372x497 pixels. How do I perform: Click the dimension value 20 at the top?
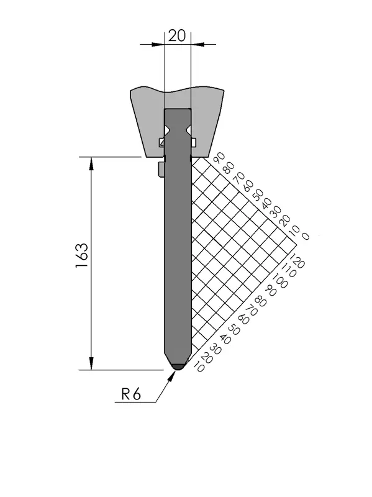176,36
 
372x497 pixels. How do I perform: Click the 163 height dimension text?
82,255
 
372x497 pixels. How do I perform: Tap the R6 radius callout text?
131,394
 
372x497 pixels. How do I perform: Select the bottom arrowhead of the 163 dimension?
91,363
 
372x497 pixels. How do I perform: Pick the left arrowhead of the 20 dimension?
159,44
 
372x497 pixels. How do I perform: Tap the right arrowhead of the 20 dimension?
197,44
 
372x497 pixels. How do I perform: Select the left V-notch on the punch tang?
167,130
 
